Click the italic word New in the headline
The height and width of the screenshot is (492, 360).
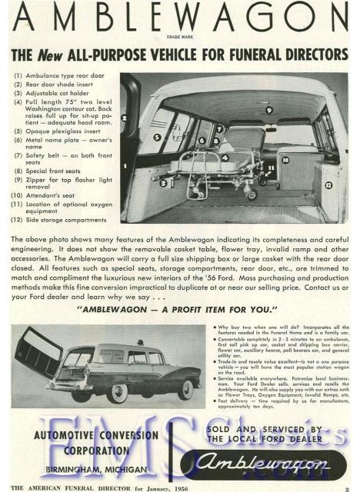(x=57, y=55)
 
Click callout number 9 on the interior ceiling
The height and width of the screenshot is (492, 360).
(x=268, y=111)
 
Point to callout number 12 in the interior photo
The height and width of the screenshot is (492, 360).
(x=328, y=185)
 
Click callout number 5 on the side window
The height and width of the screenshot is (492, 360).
(x=157, y=138)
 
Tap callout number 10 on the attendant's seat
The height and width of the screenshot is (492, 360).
(x=285, y=160)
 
